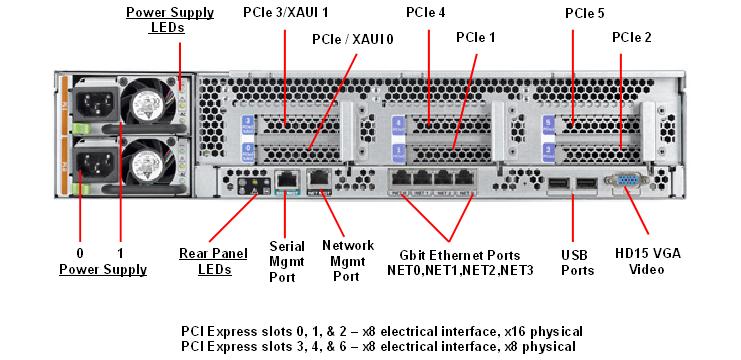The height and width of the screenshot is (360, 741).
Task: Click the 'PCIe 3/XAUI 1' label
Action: pyautogui.click(x=285, y=13)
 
